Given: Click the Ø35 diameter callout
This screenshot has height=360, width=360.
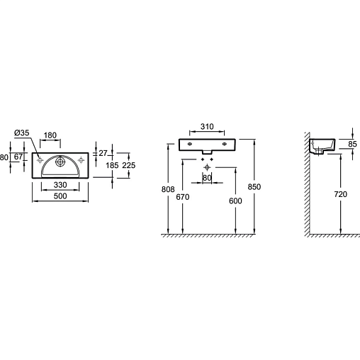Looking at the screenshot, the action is [x=22, y=133].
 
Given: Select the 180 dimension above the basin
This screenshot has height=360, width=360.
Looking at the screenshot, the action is [x=50, y=135].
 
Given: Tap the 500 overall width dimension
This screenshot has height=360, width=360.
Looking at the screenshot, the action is [x=60, y=196].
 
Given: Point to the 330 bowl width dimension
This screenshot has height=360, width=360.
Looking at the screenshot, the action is [x=60, y=185].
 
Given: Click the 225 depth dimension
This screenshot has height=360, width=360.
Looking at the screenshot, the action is [x=129, y=165].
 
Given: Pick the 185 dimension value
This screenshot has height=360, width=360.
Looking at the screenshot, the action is [x=112, y=165].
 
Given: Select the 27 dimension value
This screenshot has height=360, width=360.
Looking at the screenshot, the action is [x=103, y=153].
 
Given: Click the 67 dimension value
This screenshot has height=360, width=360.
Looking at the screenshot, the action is [x=18, y=157].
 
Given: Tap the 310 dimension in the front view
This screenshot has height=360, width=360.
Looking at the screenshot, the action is [x=207, y=127].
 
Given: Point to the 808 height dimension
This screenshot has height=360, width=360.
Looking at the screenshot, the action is [x=168, y=189].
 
